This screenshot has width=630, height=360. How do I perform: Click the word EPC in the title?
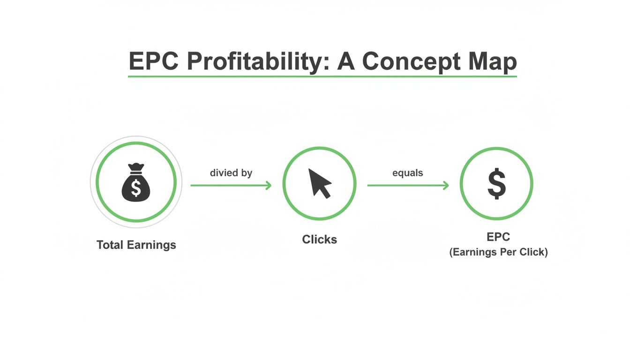tap(153, 61)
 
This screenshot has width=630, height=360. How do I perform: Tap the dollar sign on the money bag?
tap(136, 188)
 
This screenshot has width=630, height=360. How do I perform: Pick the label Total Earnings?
tap(136, 245)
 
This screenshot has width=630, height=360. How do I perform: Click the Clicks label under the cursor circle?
tap(319, 240)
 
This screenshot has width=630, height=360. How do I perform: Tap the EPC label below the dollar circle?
tap(498, 237)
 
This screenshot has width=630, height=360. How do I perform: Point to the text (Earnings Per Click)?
tap(498, 252)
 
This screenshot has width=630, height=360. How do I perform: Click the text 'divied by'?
tap(231, 173)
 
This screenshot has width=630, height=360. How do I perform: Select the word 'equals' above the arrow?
tap(407, 173)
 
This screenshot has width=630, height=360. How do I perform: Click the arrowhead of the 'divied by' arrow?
tap(269, 186)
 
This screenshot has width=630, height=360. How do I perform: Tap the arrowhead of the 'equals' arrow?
tap(446, 186)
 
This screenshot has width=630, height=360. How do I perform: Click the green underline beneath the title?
tap(322, 76)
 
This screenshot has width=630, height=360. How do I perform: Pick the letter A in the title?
tap(346, 61)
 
